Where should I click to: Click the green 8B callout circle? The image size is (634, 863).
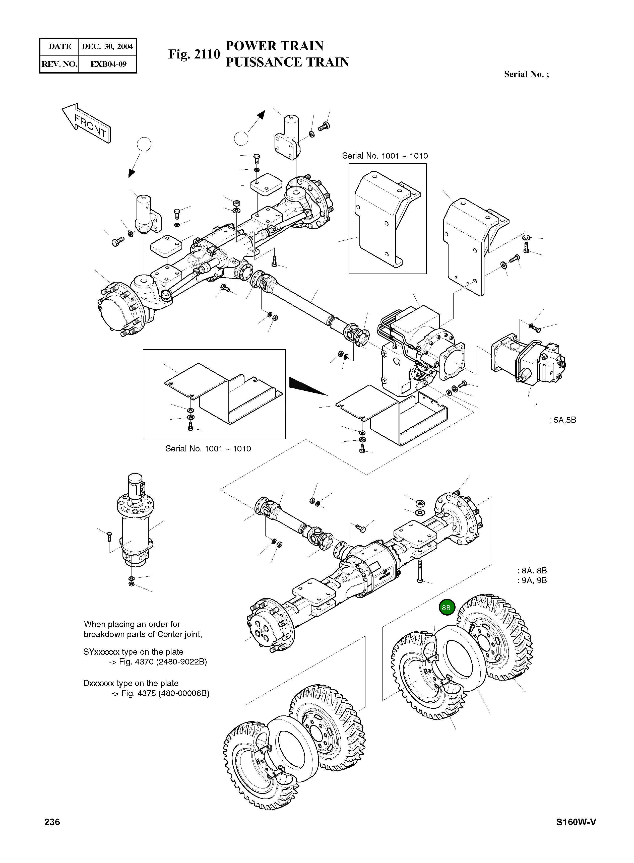click(x=446, y=608)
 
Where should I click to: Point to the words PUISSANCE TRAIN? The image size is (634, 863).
click(x=287, y=62)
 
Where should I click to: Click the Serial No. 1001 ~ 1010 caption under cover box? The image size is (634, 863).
click(x=208, y=449)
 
